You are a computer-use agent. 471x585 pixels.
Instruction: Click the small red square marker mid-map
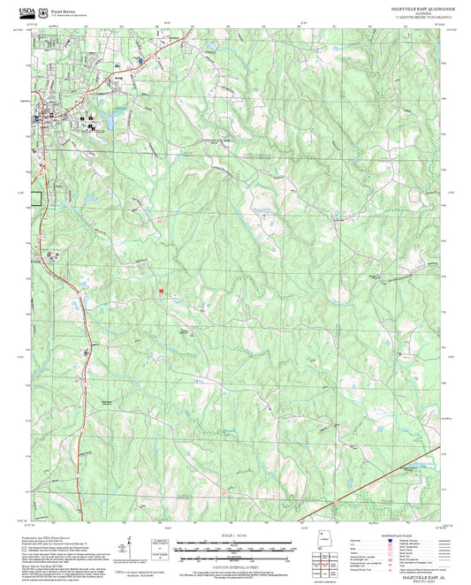[161, 290]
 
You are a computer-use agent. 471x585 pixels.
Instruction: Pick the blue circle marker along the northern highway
[140, 59]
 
